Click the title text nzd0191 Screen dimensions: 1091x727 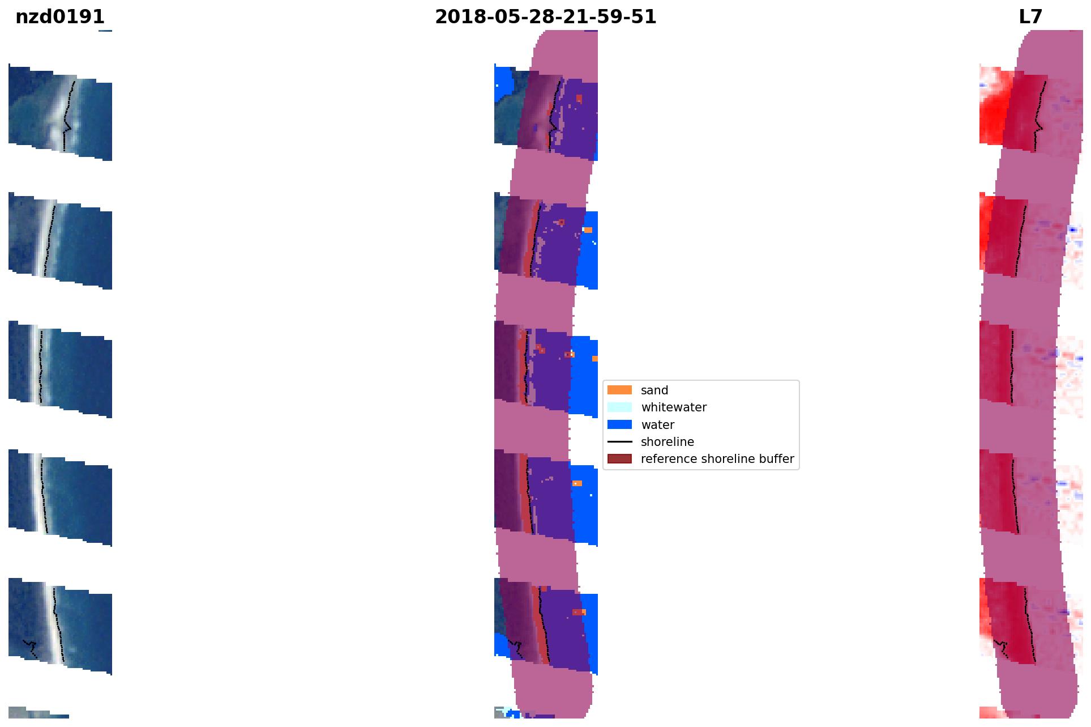point(60,17)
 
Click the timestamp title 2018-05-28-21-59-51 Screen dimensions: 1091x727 point(545,17)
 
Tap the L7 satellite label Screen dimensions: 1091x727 point(1030,17)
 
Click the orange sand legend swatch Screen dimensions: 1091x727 point(619,390)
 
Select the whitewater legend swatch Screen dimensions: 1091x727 point(619,407)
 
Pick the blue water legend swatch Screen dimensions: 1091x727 point(619,424)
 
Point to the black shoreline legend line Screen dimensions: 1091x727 point(619,441)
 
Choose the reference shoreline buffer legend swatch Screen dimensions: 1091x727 point(619,458)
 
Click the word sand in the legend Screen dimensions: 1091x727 point(654,390)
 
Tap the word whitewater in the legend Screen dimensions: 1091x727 point(674,407)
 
